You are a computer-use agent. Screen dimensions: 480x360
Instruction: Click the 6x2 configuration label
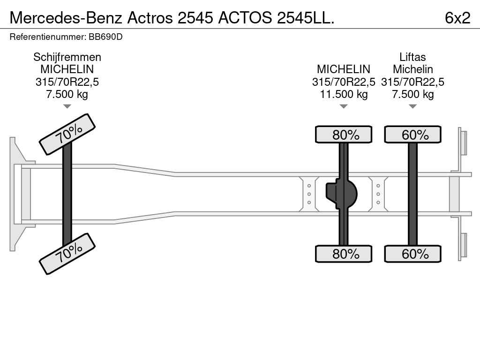[x=457, y=18]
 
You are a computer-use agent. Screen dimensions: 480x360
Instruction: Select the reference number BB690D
[x=105, y=37]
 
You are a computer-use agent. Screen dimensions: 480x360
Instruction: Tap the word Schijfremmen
[x=67, y=57]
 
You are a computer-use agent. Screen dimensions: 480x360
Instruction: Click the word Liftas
[x=412, y=57]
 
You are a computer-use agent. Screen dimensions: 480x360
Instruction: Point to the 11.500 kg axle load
[x=344, y=94]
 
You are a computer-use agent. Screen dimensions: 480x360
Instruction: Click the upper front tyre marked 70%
[x=67, y=135]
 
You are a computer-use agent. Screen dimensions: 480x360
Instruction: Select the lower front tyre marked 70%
[x=67, y=254]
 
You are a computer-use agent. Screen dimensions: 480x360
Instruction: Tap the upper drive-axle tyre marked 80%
[x=344, y=135]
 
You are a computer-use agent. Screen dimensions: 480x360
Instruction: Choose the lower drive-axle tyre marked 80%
[x=344, y=254]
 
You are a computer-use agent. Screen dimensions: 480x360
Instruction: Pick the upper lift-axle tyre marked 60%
[x=412, y=135]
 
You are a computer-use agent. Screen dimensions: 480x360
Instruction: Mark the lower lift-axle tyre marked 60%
[x=412, y=254]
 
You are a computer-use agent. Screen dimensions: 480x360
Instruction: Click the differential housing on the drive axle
[x=342, y=194]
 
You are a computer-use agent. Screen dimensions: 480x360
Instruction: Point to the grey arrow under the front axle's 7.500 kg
[x=67, y=106]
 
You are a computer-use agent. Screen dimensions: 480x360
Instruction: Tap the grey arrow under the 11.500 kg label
[x=344, y=106]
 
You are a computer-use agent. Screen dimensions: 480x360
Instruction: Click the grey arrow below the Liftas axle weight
[x=412, y=106]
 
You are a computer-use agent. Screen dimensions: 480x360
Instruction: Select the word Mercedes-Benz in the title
[x=66, y=18]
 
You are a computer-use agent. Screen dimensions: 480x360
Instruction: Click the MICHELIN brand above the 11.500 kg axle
[x=344, y=69]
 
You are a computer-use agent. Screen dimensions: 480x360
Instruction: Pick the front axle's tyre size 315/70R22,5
[x=67, y=82]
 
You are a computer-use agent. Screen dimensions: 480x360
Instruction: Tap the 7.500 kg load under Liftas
[x=412, y=94]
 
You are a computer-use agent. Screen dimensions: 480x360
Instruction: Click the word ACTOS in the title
[x=245, y=18]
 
